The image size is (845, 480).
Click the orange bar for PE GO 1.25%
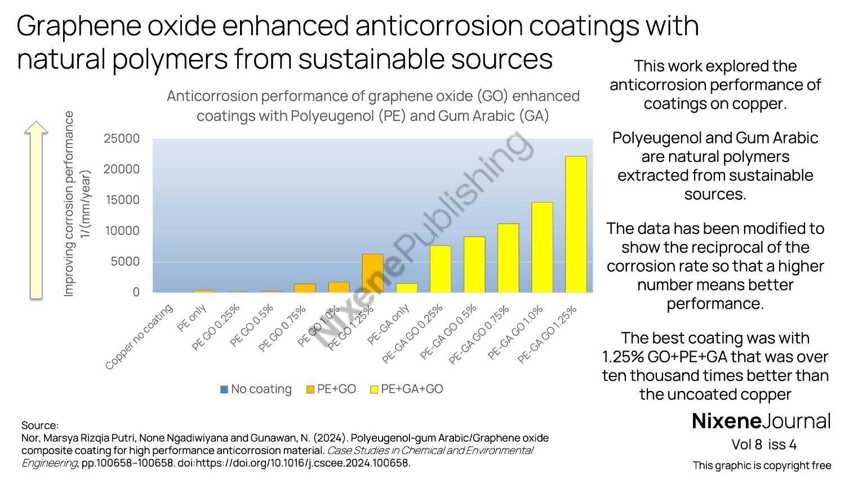(372, 273)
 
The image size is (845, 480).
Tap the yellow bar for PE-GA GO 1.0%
(542, 247)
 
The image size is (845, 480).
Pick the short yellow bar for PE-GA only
(407, 288)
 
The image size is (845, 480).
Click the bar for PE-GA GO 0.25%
(441, 269)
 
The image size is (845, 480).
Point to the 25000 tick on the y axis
(121, 138)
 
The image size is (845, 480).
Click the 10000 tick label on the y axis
(121, 231)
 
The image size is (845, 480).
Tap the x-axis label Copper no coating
(139, 337)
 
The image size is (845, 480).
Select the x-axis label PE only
(192, 318)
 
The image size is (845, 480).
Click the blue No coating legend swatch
(224, 389)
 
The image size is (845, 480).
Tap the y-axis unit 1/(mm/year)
(86, 204)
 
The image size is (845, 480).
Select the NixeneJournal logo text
(760, 421)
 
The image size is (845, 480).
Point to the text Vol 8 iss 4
(763, 445)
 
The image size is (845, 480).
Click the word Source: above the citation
(39, 425)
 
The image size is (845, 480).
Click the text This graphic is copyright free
(762, 465)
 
